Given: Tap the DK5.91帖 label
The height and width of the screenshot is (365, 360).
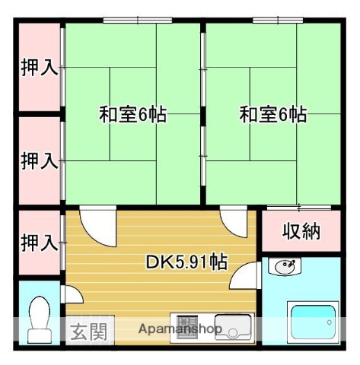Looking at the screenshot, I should [186, 263].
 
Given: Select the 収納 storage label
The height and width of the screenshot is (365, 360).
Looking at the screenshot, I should [300, 231].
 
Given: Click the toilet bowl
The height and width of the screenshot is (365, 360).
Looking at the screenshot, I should [38, 319].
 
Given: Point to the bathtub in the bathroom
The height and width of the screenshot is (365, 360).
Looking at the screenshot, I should [312, 321].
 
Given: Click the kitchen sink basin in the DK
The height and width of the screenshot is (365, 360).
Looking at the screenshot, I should [232, 325].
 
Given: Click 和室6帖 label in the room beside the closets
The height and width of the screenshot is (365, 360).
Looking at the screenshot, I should [132, 115].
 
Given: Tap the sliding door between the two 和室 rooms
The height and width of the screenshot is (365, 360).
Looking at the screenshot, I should [202, 114].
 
